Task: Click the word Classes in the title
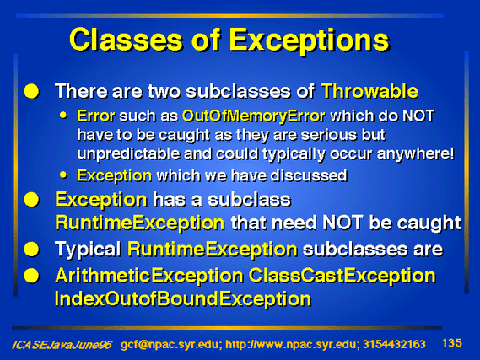tap(126, 40)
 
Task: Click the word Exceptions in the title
tap(310, 41)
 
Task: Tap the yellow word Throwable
tap(369, 91)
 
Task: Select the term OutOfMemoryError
tap(253, 116)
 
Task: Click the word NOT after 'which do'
tap(418, 116)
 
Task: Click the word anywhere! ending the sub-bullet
tap(415, 153)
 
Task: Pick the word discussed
tap(309, 175)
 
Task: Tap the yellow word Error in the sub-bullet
tap(96, 116)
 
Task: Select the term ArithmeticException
tap(149, 276)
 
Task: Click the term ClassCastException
tap(342, 276)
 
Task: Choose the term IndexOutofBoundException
tap(183, 298)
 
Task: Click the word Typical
tap(89, 250)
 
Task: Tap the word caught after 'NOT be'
tap(429, 223)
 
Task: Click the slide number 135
tap(452, 343)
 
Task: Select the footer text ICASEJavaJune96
tap(62, 345)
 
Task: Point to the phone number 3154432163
tap(394, 344)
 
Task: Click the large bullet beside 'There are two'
tap(31, 91)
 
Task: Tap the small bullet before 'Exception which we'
tap(63, 175)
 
